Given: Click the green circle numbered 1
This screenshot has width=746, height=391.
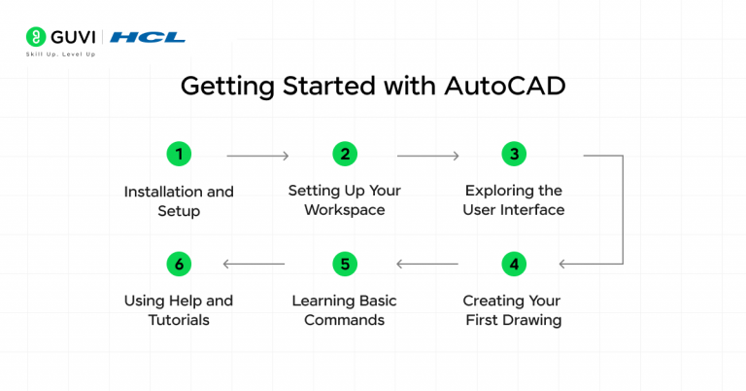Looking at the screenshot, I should (179, 154).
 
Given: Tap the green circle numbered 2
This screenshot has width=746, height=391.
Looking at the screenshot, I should (344, 154).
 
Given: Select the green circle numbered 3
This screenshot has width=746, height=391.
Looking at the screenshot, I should (513, 154).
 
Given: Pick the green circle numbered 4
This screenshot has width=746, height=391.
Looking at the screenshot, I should (513, 264).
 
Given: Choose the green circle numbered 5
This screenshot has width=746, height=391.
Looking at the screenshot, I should (344, 264).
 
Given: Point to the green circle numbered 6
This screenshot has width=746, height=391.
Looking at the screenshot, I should (179, 264).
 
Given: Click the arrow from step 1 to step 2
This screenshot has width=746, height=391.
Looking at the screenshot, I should (257, 156).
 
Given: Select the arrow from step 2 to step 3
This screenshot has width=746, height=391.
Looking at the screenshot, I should (427, 156).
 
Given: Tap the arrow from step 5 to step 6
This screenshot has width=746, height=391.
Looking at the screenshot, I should (254, 264).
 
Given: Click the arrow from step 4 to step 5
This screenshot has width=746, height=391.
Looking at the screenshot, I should (427, 264).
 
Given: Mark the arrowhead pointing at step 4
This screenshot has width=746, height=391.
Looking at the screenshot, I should (564, 264).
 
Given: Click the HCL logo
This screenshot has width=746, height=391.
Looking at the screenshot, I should (148, 38).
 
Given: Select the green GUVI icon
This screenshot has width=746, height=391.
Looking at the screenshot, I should (34, 38).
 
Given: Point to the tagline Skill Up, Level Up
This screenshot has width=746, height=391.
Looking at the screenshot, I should (60, 54).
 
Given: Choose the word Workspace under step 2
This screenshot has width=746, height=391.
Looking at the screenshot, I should (344, 210).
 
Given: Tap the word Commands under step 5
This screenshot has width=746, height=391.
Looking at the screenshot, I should (344, 320).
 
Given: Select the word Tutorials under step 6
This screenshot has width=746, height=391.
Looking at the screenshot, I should (179, 320).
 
